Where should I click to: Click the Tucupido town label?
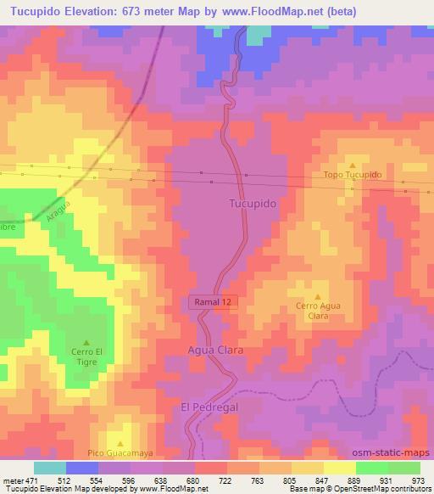[251, 204]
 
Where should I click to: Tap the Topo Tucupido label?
[353, 175]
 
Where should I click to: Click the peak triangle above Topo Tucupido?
[353, 165]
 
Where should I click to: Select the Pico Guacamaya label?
[120, 453]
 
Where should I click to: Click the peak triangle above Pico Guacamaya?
[120, 443]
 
